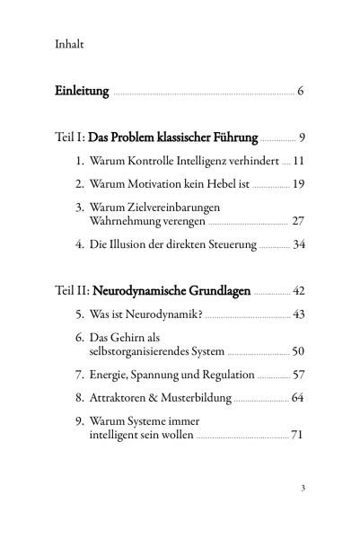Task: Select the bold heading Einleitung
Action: [x=82, y=92]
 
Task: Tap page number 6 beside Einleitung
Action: [x=302, y=92]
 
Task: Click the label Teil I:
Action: [x=71, y=138]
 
